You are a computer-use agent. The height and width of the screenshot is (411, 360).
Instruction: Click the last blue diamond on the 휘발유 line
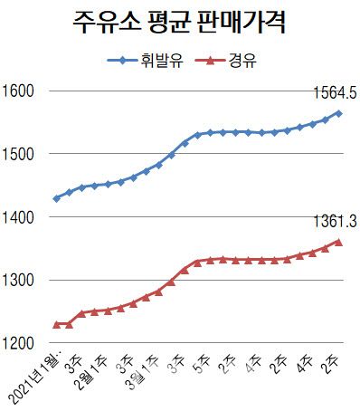(x=338, y=113)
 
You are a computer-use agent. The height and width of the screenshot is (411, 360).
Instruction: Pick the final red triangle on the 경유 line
(x=338, y=242)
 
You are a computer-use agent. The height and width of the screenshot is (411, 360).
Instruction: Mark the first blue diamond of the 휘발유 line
(x=57, y=197)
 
